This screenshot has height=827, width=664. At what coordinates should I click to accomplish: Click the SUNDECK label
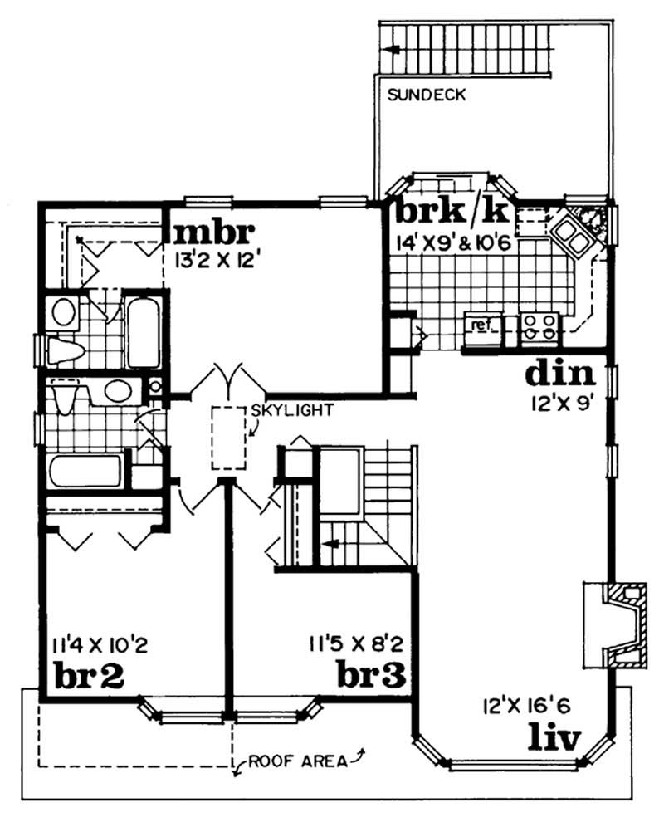426,95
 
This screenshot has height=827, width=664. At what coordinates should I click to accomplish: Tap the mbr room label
212,229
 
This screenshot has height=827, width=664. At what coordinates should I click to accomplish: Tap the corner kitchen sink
573,230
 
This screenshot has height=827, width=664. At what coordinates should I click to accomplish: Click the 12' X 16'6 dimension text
523,707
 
